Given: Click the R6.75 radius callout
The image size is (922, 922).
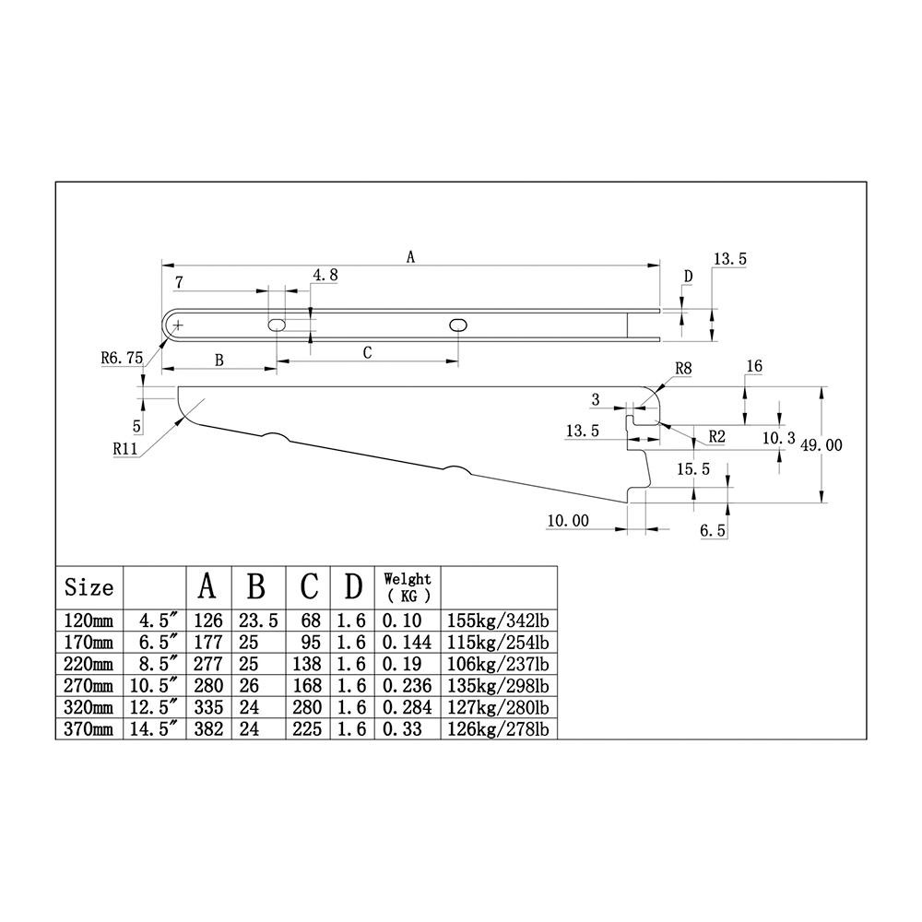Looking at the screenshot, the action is coord(122,358).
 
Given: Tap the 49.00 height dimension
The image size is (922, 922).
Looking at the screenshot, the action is coord(822,445).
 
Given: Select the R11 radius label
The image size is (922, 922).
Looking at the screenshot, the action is coord(125,449).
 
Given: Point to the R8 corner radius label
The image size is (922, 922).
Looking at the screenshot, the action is coord(683,369).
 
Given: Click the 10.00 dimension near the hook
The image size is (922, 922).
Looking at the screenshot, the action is coord(568,520).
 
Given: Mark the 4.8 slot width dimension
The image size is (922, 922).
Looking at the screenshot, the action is coord(325,275).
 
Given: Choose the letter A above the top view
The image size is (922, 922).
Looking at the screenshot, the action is coord(410,257).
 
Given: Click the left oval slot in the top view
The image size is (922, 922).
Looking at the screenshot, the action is coord(277,325).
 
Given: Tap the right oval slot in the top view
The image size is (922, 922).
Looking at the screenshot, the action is coord(458,325).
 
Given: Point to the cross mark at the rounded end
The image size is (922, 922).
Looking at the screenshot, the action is coord(178,325).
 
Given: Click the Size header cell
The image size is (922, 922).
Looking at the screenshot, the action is coord(89,586).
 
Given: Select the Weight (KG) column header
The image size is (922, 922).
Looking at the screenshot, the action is coord(408,587).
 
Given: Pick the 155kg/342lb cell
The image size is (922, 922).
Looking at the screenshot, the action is coord(498,621).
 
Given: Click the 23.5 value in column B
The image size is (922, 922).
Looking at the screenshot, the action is coord(258,621).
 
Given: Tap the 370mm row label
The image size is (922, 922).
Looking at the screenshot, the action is coord(89,729).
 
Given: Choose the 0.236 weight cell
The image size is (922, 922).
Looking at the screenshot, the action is coord(407,686).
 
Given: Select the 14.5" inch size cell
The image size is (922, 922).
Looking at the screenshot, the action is coord(153,729).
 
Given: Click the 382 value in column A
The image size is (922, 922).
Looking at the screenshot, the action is coord(208,729).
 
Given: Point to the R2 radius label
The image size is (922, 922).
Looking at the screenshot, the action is coord(716,436).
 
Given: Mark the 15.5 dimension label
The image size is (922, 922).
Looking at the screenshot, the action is coord(693,468).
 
